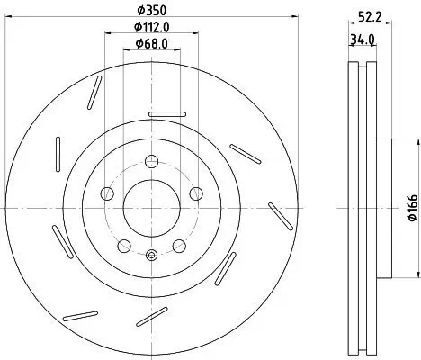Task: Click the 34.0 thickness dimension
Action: tap(363, 40)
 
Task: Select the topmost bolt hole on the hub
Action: tap(151, 162)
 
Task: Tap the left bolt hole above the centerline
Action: tap(107, 193)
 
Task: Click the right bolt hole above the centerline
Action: tap(195, 193)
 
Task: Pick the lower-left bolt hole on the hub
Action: tap(123, 245)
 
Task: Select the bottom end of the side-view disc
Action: tap(362, 349)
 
